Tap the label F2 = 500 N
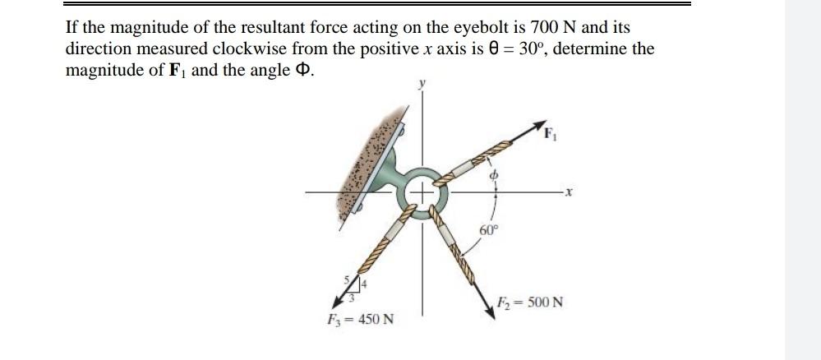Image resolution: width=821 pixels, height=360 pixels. tap(530, 302)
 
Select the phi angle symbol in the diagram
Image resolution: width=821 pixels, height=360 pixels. tap(494, 175)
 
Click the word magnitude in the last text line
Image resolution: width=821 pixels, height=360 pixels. tap(99, 70)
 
